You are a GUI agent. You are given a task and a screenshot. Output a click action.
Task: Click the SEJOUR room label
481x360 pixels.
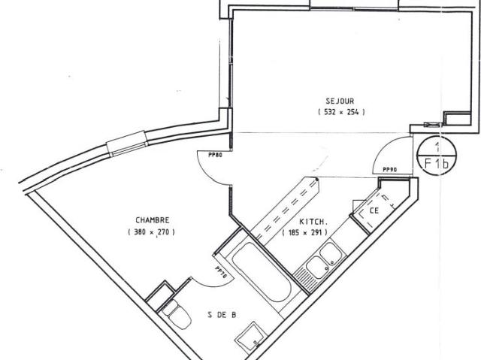coord(340,101)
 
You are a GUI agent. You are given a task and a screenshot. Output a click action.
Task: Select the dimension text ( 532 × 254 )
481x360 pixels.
coord(340,112)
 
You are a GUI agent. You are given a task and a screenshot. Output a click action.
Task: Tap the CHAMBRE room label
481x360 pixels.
coord(152,221)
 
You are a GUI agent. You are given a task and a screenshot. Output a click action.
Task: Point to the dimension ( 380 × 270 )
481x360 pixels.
coord(152,232)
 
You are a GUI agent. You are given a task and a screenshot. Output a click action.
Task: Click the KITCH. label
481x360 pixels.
coord(313,222)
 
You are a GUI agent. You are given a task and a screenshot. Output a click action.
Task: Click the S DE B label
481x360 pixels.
coord(222,316)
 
